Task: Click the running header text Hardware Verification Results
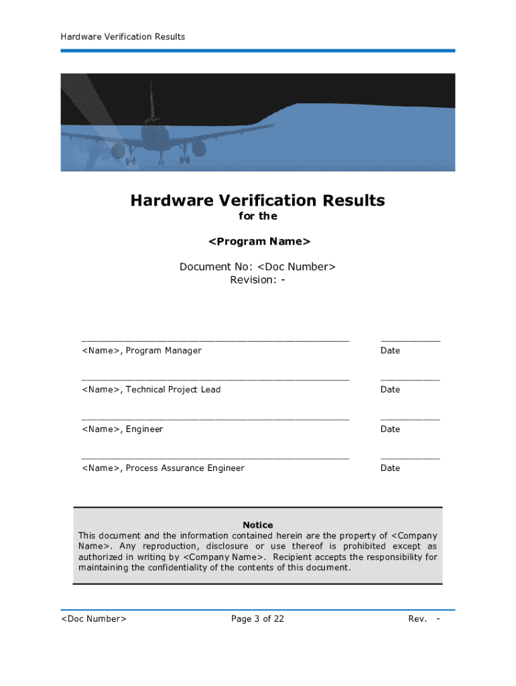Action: pyautogui.click(x=123, y=37)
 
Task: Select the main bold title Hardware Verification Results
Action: pyautogui.click(x=257, y=200)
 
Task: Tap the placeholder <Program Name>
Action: pyautogui.click(x=259, y=241)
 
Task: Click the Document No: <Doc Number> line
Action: pyautogui.click(x=257, y=267)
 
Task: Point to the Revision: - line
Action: pyautogui.click(x=257, y=280)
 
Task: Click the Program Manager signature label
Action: pyautogui.click(x=141, y=350)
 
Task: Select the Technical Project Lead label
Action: pyautogui.click(x=151, y=389)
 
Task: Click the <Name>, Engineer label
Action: pyautogui.click(x=122, y=429)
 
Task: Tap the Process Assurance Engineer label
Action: pyautogui.click(x=163, y=468)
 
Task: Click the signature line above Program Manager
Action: pyautogui.click(x=215, y=341)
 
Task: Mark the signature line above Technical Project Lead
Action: pyautogui.click(x=215, y=380)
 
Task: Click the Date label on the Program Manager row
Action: pyautogui.click(x=390, y=350)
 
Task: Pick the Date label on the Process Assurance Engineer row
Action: pyautogui.click(x=390, y=468)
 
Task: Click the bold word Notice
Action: pyautogui.click(x=257, y=525)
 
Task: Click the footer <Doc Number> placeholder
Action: pyautogui.click(x=94, y=618)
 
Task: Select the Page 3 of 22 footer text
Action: pyautogui.click(x=257, y=618)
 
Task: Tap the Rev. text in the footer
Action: pyautogui.click(x=417, y=618)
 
